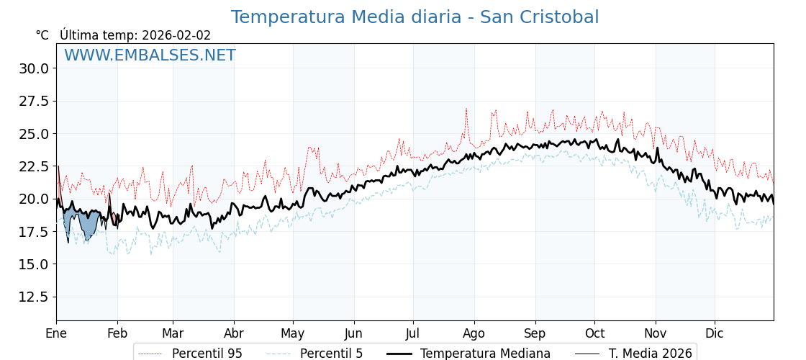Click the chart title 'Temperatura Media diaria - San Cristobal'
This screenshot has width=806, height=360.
point(415,17)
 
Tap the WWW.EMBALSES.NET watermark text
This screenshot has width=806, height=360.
point(150,55)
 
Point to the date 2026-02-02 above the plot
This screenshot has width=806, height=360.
point(176,35)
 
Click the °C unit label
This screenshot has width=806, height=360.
point(42,35)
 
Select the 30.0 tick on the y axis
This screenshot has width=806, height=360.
point(34,68)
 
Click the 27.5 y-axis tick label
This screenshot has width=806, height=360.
point(34,101)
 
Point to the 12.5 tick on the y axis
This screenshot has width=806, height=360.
point(34,297)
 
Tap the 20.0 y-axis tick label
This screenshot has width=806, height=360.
point(34,199)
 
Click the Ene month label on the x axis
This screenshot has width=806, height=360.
point(56,334)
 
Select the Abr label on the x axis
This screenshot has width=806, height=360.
point(234,334)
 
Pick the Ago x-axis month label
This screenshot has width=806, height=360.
point(474,334)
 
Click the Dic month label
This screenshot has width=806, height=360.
point(715,334)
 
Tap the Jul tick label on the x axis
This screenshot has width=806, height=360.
point(413,334)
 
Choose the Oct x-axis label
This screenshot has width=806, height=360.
point(594,334)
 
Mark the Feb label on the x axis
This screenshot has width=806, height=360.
point(117,334)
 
